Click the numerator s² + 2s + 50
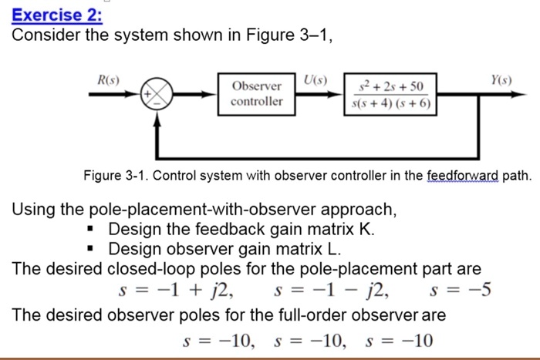tap(390, 86)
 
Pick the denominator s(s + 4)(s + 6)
tap(390, 104)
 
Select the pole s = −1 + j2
tap(177, 291)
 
